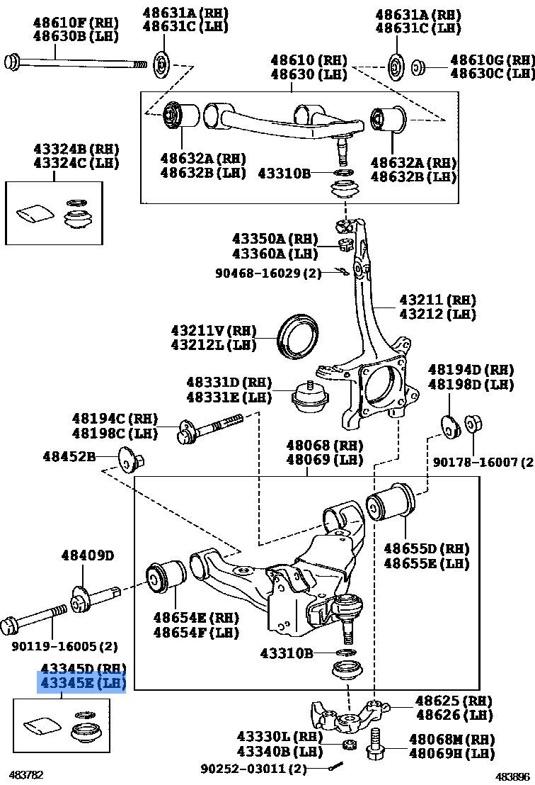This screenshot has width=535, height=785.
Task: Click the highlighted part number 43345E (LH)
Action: click(82, 684)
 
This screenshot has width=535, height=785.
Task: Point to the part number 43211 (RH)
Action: click(437, 300)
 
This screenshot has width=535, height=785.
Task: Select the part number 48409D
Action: click(88, 555)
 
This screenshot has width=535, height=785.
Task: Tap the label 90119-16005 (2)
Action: click(64, 646)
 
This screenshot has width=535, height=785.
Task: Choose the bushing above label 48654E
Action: click(166, 582)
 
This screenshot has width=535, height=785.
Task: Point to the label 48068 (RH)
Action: click(324, 446)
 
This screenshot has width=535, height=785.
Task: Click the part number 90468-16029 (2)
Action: click(268, 272)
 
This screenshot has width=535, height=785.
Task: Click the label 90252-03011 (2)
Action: click(253, 769)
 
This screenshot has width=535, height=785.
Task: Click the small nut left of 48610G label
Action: click(418, 67)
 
